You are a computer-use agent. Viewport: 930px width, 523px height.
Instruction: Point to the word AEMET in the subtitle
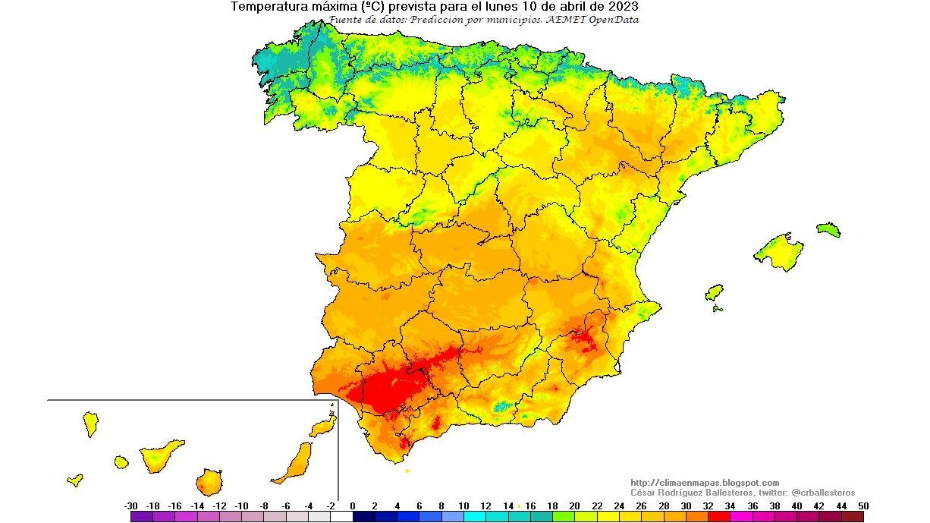point(564,20)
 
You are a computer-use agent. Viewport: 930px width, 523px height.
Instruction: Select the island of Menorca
point(828,229)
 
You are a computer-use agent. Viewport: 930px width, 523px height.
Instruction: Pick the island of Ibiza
point(714,292)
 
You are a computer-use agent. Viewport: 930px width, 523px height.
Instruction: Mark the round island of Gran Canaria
point(209,481)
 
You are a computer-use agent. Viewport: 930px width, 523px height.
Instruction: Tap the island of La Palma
point(90,423)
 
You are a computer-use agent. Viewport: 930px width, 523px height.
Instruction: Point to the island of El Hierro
point(74,480)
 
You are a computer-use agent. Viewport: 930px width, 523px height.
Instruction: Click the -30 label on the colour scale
point(130,506)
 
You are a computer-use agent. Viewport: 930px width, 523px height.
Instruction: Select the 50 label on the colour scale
point(863,506)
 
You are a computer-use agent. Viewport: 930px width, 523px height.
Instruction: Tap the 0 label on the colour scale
point(353,506)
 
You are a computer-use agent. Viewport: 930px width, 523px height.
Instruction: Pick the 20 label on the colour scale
point(574,506)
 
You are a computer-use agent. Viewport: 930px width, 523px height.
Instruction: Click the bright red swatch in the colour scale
point(718,516)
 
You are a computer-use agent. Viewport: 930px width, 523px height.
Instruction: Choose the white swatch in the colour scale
point(341,516)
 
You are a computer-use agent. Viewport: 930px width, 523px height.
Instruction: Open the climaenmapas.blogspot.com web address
point(705,483)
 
